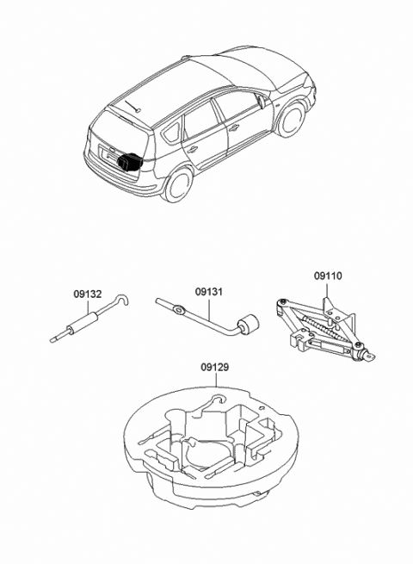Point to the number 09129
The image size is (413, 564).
(216, 367)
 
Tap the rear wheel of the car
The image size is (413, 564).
(179, 183)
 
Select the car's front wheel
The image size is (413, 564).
(293, 120)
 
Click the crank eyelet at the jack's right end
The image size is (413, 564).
(371, 354)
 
